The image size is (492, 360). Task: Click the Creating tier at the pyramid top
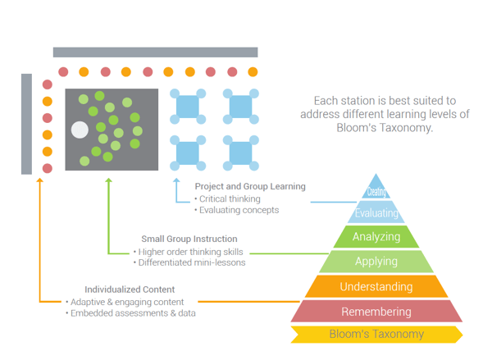(x=376, y=192)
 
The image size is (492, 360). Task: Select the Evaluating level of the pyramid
(x=376, y=213)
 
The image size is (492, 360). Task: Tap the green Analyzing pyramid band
(x=376, y=237)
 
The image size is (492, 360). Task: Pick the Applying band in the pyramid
(x=376, y=262)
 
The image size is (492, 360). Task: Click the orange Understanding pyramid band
(x=376, y=287)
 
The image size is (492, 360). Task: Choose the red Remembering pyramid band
(x=376, y=312)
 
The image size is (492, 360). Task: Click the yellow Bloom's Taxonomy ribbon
(x=376, y=335)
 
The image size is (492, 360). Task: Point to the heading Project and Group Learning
(x=250, y=186)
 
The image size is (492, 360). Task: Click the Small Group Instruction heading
(x=189, y=239)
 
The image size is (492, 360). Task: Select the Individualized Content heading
(x=130, y=289)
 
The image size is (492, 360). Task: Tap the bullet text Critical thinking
(x=230, y=198)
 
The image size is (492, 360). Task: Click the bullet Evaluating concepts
(x=238, y=210)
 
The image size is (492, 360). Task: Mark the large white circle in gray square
(x=80, y=130)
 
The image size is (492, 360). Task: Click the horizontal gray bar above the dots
(x=156, y=52)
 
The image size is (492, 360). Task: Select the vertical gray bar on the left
(x=26, y=124)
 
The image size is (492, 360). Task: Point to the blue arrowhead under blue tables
(x=175, y=181)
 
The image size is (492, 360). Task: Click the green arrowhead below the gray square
(x=108, y=181)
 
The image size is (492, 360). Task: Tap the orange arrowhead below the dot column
(x=39, y=181)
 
